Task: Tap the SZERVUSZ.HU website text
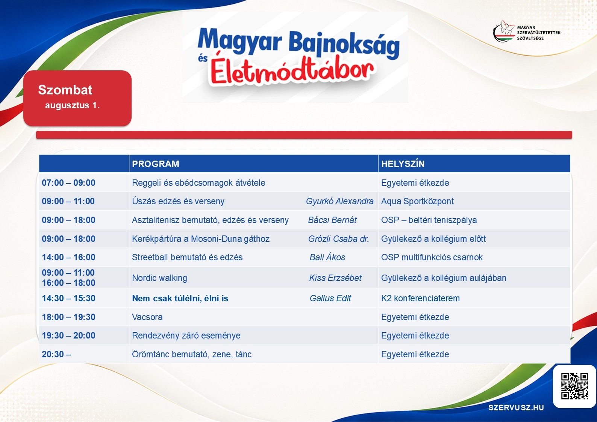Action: click(516, 408)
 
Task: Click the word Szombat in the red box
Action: click(65, 90)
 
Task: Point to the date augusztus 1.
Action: click(73, 105)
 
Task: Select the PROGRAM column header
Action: click(156, 164)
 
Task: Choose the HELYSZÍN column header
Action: click(403, 164)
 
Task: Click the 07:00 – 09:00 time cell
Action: click(68, 183)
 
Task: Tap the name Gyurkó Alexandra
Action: click(339, 201)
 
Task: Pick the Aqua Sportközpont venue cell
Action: click(417, 201)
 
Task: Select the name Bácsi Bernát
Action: click(332, 220)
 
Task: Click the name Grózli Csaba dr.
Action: click(338, 238)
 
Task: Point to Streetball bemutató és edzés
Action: click(187, 257)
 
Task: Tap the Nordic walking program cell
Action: click(159, 278)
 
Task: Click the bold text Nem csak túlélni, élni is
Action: click(180, 298)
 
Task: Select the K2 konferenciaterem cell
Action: click(420, 298)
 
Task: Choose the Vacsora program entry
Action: click(147, 317)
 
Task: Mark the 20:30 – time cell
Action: click(56, 354)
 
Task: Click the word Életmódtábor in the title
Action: click(292, 70)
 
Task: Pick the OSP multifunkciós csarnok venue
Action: click(432, 257)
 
